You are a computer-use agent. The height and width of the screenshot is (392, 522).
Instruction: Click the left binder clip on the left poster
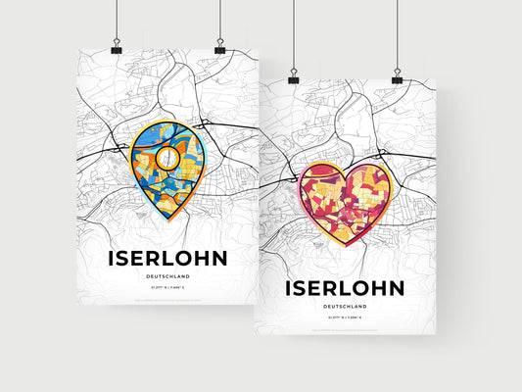117,48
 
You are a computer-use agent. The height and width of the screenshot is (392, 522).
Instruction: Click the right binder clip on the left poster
219,48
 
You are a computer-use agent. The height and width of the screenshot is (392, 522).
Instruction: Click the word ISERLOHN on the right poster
344,288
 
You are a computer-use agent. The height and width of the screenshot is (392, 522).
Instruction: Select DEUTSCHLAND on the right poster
344,307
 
